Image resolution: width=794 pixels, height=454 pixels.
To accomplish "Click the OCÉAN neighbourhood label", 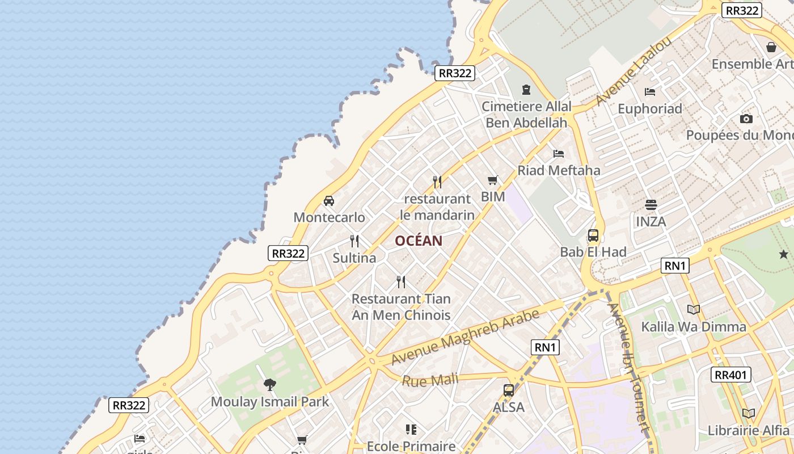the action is click(x=419, y=241).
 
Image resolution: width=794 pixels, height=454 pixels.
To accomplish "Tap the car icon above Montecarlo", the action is click(x=328, y=201).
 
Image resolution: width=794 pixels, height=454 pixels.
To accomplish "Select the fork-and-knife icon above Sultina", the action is click(x=354, y=241).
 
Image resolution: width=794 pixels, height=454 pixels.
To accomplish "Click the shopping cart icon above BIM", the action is click(x=492, y=180).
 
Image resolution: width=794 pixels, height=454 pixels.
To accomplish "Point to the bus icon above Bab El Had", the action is click(x=593, y=235).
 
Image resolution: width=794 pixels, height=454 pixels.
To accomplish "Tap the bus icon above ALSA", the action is click(x=509, y=390).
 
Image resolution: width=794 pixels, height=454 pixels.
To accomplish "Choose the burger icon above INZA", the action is click(x=651, y=204).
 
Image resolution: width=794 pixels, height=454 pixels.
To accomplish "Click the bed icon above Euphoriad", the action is click(x=650, y=91).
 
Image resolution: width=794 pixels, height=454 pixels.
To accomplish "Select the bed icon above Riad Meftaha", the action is click(x=559, y=153).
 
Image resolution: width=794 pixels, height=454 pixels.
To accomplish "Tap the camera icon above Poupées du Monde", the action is click(x=746, y=119).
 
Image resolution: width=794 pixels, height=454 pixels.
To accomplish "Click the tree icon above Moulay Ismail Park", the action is click(x=270, y=385).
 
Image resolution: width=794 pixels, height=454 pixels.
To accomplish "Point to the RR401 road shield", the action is click(x=731, y=375).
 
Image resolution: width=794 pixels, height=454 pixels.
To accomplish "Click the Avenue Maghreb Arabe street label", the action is click(x=465, y=338).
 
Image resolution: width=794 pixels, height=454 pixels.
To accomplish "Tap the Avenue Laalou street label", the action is click(x=633, y=71).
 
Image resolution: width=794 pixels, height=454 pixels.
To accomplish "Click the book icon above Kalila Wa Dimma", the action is click(x=694, y=309).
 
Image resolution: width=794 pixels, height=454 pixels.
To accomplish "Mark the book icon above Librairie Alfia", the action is click(x=749, y=413).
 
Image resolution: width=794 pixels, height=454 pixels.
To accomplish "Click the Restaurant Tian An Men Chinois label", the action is click(x=401, y=307).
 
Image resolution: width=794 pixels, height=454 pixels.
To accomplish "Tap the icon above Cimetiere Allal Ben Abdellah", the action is click(x=526, y=90).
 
